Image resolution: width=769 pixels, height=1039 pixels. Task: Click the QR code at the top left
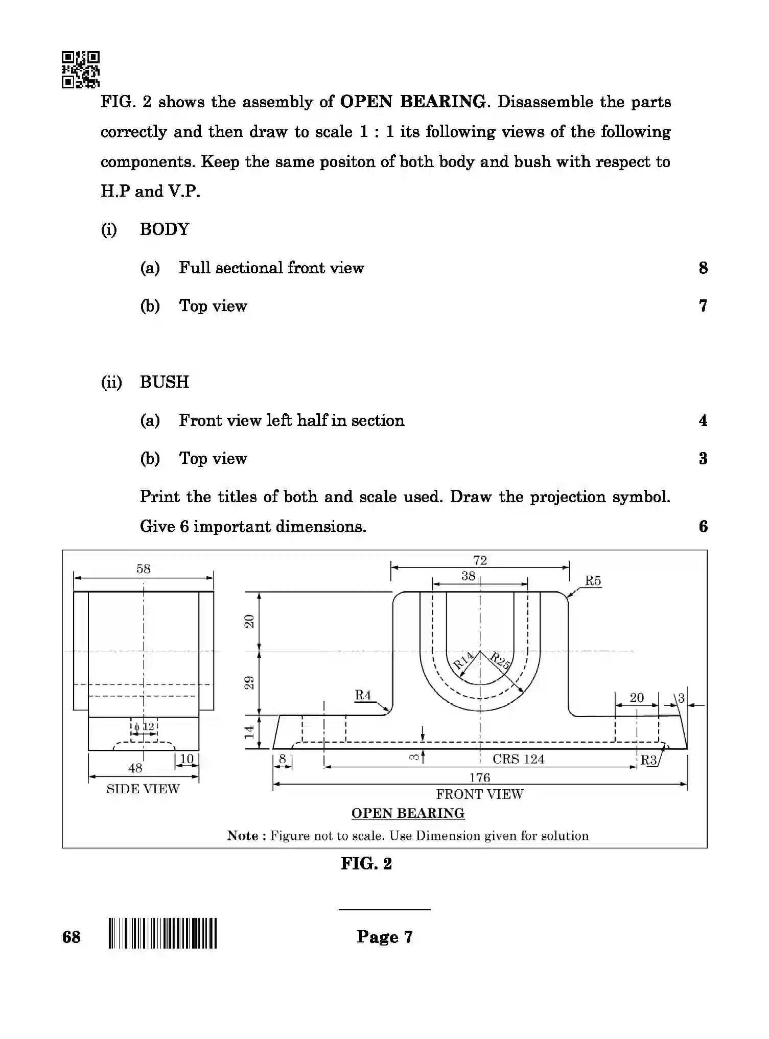click(x=81, y=69)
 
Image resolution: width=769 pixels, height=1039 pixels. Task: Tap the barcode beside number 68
click(x=162, y=933)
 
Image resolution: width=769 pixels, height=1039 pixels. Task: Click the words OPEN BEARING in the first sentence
click(x=413, y=102)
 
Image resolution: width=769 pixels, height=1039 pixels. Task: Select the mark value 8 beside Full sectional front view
click(x=703, y=268)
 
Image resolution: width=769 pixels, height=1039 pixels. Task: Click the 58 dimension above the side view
click(x=144, y=569)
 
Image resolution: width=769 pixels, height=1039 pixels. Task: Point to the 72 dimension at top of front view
click(x=480, y=560)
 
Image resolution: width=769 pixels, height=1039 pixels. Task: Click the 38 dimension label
click(x=468, y=576)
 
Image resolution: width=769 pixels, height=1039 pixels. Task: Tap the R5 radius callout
click(x=593, y=581)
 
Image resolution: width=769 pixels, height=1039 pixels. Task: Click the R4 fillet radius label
click(x=363, y=695)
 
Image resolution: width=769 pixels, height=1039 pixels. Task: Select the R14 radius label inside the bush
click(x=463, y=660)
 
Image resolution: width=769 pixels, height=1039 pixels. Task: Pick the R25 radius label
click(x=500, y=660)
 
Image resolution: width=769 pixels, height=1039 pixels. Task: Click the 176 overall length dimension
click(x=479, y=777)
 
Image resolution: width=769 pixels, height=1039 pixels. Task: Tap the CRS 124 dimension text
click(x=518, y=759)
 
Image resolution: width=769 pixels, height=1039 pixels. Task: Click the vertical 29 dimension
click(x=249, y=682)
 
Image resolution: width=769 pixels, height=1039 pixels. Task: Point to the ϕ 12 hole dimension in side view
click(x=144, y=726)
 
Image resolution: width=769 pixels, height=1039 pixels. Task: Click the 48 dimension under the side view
click(x=135, y=768)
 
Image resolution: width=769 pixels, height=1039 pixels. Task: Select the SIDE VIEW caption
click(x=143, y=789)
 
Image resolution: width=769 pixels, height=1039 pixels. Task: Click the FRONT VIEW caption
click(x=479, y=794)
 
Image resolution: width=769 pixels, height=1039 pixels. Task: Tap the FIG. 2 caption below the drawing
click(x=366, y=864)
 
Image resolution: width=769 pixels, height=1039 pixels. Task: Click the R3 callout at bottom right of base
click(x=649, y=760)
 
